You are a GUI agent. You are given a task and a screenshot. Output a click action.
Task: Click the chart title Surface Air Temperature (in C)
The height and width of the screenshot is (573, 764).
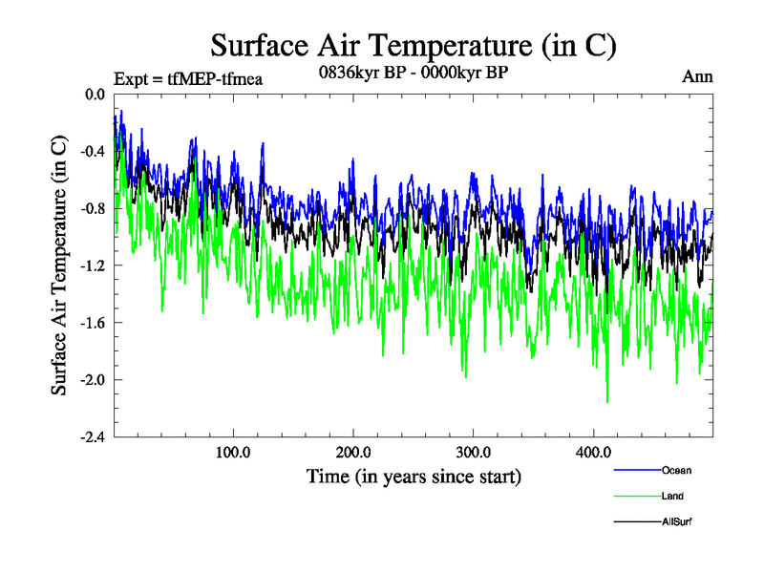414,46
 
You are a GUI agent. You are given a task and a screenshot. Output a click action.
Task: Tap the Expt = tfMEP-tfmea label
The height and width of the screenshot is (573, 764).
187,78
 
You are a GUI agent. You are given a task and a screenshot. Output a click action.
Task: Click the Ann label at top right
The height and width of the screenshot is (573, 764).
697,76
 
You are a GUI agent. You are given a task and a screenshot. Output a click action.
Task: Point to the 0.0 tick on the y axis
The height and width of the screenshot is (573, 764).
95,95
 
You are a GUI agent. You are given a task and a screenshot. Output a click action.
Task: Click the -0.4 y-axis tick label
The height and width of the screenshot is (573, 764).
93,152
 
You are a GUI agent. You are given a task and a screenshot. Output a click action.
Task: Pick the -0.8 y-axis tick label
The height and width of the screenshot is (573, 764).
93,208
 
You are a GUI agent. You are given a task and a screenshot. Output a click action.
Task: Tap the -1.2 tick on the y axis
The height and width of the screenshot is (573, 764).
93,265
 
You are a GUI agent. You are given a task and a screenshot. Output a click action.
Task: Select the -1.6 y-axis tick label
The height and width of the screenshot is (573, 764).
93,323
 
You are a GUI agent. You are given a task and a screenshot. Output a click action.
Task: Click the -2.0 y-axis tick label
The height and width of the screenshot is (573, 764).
93,380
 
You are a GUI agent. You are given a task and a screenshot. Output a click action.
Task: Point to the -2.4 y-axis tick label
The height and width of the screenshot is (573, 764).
93,437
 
